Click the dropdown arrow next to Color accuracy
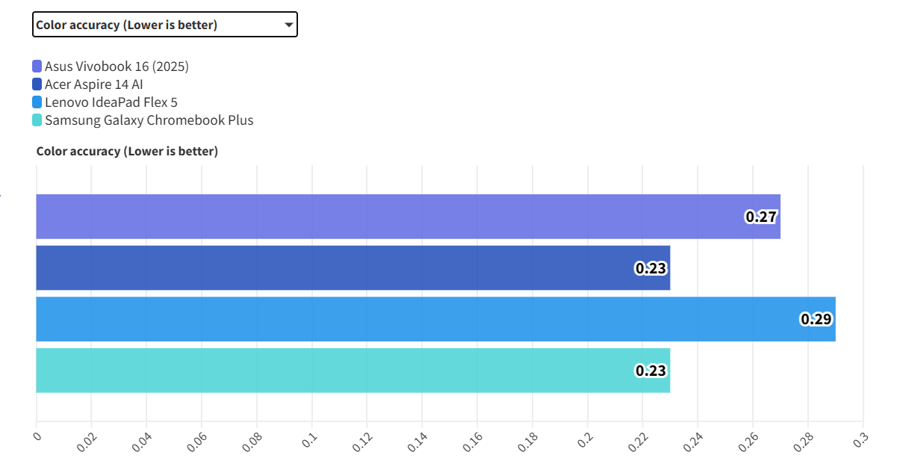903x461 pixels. click(288, 25)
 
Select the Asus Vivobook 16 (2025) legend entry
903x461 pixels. click(117, 66)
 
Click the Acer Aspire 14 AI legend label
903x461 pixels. click(93, 84)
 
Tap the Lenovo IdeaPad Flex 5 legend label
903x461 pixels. click(111, 102)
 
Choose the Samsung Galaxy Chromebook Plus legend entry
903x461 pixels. click(149, 120)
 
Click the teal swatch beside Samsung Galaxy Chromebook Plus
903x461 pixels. click(37, 120)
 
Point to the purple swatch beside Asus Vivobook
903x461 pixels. click(37, 66)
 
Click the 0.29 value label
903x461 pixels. click(816, 319)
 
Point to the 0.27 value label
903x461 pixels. click(761, 217)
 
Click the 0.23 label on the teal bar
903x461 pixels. click(651, 370)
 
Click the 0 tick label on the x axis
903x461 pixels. click(37, 436)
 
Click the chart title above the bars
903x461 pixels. click(127, 152)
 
